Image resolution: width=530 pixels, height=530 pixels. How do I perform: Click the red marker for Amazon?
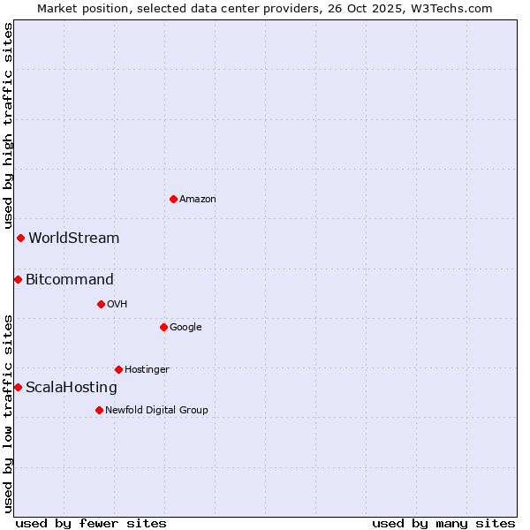coord(173,199)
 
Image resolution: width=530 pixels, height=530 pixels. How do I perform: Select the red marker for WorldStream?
coord(20,238)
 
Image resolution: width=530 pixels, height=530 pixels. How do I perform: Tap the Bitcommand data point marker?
coord(18,279)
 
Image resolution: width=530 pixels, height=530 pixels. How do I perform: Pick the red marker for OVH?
coord(101,304)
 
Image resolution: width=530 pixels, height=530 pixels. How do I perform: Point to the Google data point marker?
coord(163,327)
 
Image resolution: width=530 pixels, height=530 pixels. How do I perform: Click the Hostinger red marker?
coord(118,369)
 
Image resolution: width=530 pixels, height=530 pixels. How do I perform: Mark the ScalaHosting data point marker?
coord(18,387)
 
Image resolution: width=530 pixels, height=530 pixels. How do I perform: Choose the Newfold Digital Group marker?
coord(99,410)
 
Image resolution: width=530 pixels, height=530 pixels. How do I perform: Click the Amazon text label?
coord(198,200)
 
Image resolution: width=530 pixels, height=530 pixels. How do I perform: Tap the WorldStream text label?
coord(74,238)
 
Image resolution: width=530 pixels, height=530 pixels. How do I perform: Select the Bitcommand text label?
coord(70,280)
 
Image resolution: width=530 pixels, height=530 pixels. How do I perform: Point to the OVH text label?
coord(117,305)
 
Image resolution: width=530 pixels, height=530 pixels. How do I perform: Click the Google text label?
coord(185,328)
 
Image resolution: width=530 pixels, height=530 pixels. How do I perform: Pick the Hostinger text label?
coord(147,370)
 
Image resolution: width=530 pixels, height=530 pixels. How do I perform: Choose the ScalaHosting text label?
coord(72,388)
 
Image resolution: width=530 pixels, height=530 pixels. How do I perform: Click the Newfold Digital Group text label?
coord(156,411)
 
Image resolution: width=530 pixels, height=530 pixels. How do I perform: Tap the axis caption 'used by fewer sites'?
coord(91,523)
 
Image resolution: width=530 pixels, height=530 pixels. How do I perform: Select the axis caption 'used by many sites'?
coord(443,523)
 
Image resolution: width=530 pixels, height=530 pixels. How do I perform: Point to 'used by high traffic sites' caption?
coord(8,125)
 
